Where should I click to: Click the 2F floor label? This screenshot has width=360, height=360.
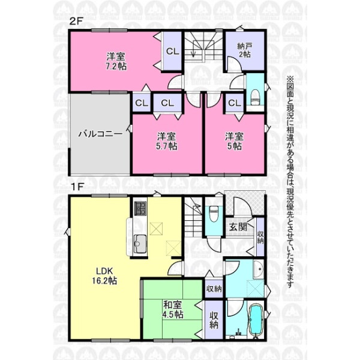(76, 22)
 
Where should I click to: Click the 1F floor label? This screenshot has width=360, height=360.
(76, 187)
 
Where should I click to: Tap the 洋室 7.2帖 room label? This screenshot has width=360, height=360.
(116, 61)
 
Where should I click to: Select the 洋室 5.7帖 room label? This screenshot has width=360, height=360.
(166, 141)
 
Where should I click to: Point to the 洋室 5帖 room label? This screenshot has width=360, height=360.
(234, 141)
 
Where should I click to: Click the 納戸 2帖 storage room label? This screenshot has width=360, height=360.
(245, 50)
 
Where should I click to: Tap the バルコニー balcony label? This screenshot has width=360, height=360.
(100, 134)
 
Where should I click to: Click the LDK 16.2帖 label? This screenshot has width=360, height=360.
(104, 276)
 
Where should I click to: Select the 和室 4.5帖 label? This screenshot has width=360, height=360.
(173, 310)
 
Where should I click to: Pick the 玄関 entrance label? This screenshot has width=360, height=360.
(238, 227)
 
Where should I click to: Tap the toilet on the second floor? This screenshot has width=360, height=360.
(255, 97)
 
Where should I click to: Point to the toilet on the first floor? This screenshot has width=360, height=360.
(214, 214)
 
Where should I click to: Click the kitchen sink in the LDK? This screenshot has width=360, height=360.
(140, 244)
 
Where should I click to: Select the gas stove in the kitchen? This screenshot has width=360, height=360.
(140, 208)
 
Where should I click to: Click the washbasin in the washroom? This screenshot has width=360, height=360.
(259, 269)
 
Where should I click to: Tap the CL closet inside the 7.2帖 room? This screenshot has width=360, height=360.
(172, 51)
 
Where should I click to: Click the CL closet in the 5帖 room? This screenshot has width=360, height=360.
(234, 103)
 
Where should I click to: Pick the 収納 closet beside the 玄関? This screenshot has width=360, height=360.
(260, 237)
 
